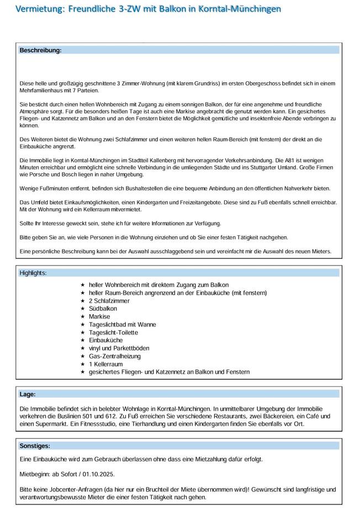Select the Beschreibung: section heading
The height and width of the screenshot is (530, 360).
[40, 50]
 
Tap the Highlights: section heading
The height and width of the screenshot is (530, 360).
[33, 273]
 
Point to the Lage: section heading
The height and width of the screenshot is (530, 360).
[28, 394]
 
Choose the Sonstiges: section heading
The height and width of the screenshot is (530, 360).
[35, 446]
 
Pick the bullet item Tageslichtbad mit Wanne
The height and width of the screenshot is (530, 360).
[122, 325]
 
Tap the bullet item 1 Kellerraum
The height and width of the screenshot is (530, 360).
[105, 364]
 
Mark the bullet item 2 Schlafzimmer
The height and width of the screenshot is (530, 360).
[109, 301]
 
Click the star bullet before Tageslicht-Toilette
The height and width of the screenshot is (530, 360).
[83, 333]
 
